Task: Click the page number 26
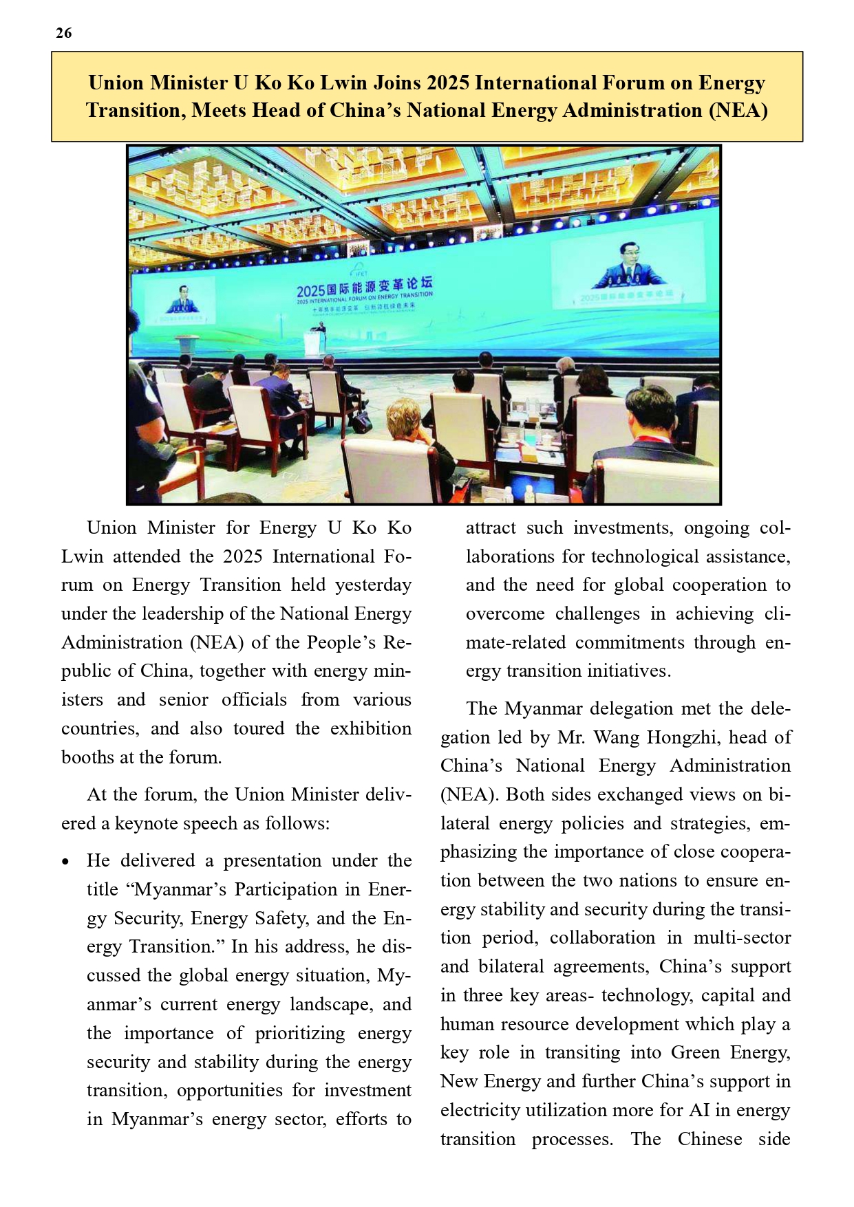coord(63,33)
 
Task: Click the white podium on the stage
coord(315,342)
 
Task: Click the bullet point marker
coord(65,862)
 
